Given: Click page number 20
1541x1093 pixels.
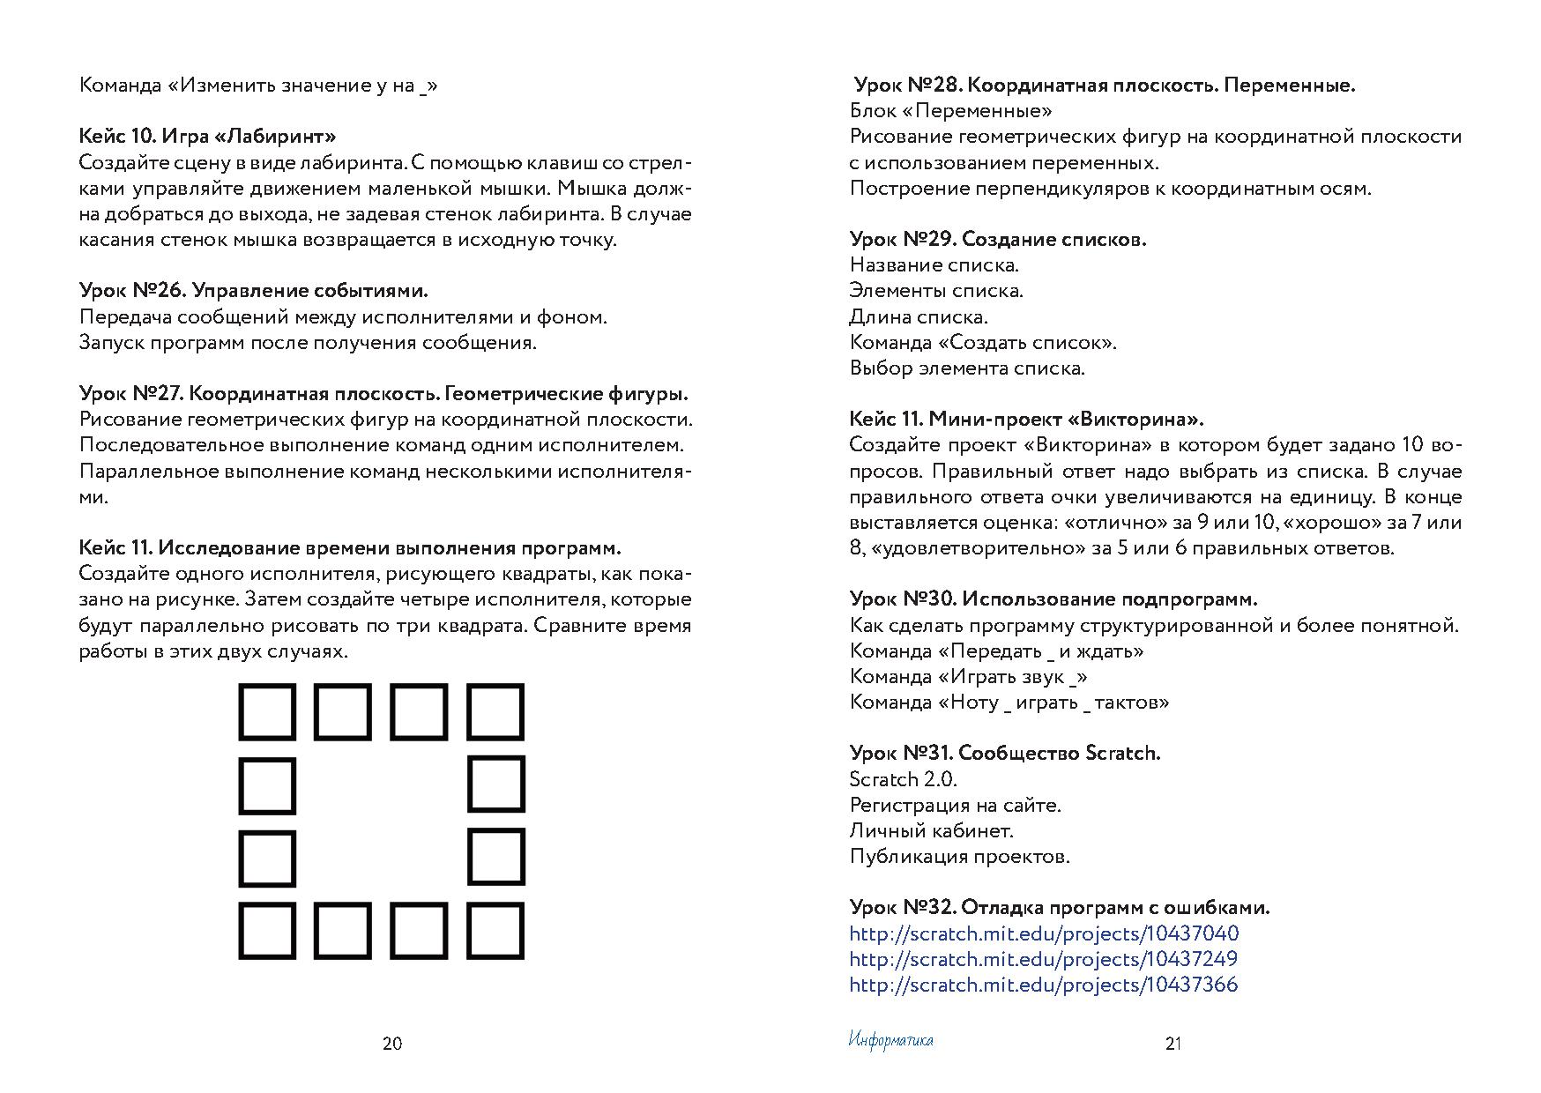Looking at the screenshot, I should tap(392, 1044).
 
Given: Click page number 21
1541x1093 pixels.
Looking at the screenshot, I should tap(1173, 1044).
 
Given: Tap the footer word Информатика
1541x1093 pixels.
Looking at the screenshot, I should tap(890, 1041).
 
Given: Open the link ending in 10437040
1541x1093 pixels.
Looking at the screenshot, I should tap(1044, 933).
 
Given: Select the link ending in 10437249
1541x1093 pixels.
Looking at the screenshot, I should tap(1043, 959).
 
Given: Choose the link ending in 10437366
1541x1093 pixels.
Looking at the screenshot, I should tap(1043, 985).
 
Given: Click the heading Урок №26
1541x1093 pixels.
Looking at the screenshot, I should tap(253, 291).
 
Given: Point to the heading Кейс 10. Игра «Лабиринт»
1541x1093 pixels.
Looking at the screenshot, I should tap(208, 137).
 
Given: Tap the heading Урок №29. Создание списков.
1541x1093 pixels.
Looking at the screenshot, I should tap(998, 240).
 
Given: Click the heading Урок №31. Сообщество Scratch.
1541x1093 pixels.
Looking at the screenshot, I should tap(1005, 754).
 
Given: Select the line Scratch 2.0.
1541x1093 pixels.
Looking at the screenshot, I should tap(903, 779).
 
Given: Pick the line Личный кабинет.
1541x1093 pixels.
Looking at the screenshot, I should tap(931, 830).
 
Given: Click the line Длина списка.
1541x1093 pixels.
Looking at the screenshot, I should tap(919, 316).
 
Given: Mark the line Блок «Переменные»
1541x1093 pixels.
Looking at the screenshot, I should tap(950, 111).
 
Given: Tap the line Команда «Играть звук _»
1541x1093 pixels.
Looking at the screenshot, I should tap(968, 677).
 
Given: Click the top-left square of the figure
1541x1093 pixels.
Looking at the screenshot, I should tap(267, 712).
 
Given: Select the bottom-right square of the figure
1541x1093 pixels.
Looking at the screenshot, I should tap(495, 931).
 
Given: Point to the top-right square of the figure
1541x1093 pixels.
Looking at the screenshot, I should tap(495, 712).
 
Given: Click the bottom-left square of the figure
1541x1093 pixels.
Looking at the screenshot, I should tap(267, 931).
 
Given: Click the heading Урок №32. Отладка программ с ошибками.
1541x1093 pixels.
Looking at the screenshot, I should tap(1060, 908).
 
